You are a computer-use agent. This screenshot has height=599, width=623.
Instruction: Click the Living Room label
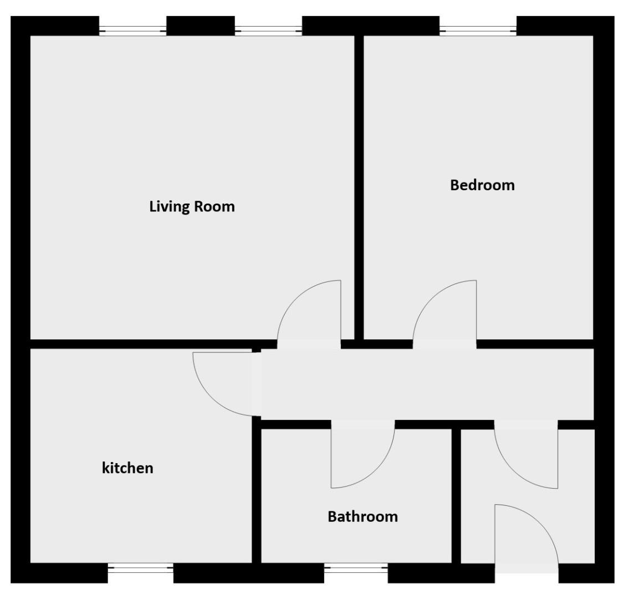192,207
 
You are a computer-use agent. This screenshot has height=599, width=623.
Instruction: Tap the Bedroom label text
482,185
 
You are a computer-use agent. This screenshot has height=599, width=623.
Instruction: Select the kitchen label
127,468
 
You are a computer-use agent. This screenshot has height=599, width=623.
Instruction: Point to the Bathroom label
362,517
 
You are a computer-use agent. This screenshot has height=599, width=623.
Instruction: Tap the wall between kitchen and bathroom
256,494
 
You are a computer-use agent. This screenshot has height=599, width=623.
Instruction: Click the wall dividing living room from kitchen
139,344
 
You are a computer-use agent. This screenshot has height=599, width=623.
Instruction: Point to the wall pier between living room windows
200,26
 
